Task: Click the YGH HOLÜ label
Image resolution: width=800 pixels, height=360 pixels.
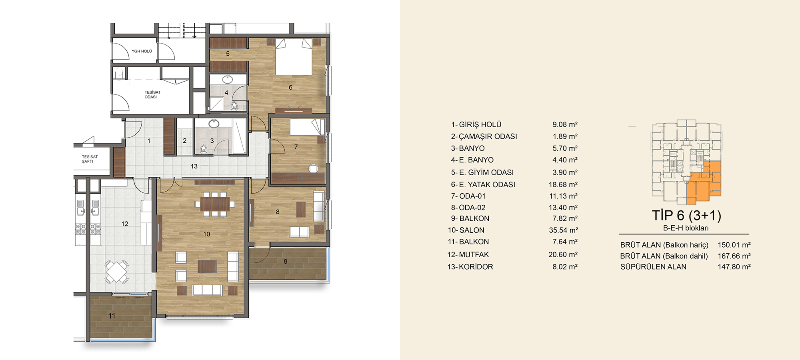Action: tap(142, 51)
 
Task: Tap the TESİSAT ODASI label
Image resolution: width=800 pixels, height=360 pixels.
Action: tap(152, 94)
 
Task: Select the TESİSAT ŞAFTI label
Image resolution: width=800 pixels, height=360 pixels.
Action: tap(90, 159)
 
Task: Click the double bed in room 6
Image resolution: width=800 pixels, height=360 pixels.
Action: tap(294, 56)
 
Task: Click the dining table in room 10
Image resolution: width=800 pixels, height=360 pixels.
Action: tap(215, 204)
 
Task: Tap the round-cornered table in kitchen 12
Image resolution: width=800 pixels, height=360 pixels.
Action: tap(116, 272)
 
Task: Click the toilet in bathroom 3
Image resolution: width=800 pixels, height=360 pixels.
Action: tap(203, 150)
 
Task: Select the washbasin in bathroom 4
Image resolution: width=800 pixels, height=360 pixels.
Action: tap(228, 79)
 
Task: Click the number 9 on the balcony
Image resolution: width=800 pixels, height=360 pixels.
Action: tap(285, 262)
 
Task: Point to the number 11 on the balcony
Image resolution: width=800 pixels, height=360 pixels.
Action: tap(112, 316)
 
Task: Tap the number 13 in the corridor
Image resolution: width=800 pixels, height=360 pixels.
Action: tap(194, 166)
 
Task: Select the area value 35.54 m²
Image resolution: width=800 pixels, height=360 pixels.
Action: tap(563, 230)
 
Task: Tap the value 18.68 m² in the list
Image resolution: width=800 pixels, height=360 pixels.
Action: tap(563, 185)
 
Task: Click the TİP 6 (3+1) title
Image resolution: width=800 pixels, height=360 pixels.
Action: tap(686, 216)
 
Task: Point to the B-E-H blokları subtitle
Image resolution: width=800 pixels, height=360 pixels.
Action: tap(686, 228)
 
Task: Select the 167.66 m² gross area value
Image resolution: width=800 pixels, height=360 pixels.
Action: tap(734, 256)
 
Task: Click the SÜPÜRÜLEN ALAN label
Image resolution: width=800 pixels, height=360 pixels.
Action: tap(653, 267)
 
